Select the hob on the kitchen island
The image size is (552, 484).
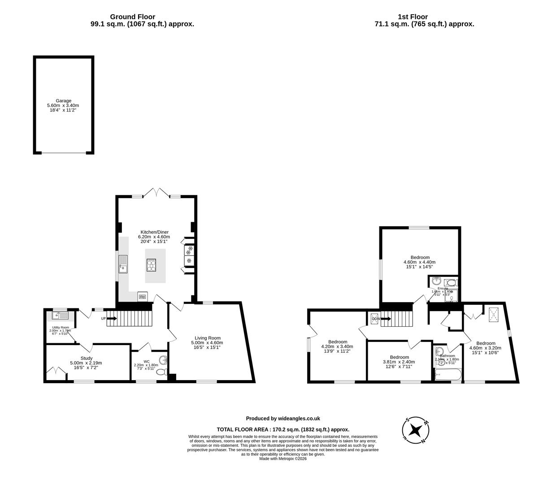click(151, 265)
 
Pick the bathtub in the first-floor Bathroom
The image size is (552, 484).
click(448, 375)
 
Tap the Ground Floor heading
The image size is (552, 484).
click(133, 17)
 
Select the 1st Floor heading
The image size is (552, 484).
click(413, 17)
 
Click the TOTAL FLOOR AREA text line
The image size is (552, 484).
click(283, 429)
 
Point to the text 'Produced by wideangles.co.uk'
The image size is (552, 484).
click(283, 419)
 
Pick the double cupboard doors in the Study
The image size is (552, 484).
click(56, 372)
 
